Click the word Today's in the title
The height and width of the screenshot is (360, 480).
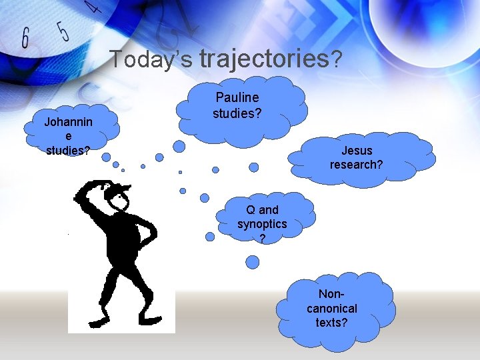click(x=151, y=60)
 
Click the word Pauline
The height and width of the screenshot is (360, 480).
click(x=237, y=98)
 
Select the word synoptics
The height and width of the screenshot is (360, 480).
click(x=262, y=224)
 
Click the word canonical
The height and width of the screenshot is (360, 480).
click(x=331, y=309)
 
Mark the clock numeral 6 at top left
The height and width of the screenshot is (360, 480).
click(x=25, y=38)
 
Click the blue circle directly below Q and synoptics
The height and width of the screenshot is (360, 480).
click(x=252, y=262)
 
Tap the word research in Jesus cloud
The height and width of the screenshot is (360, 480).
click(x=356, y=164)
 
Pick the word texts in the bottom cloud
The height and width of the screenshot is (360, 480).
click(x=331, y=323)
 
